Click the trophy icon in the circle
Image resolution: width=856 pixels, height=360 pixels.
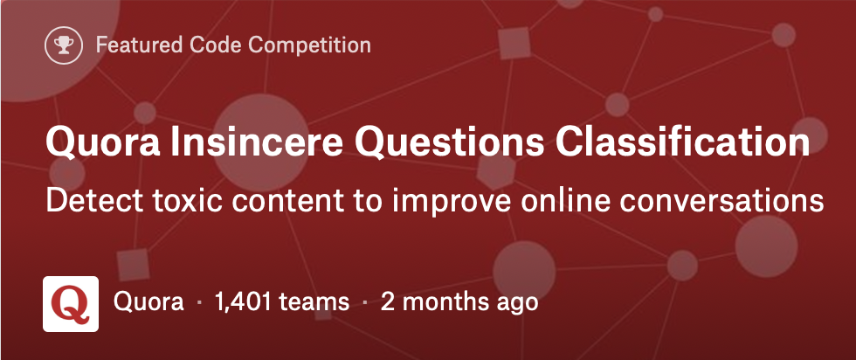[64, 45]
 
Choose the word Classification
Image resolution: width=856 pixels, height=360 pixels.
[682, 142]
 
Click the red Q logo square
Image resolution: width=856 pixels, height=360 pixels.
[71, 304]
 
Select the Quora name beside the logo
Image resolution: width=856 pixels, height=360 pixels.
[148, 301]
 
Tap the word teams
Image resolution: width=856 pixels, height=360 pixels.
[314, 302]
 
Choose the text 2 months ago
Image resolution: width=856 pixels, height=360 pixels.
[459, 302]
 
